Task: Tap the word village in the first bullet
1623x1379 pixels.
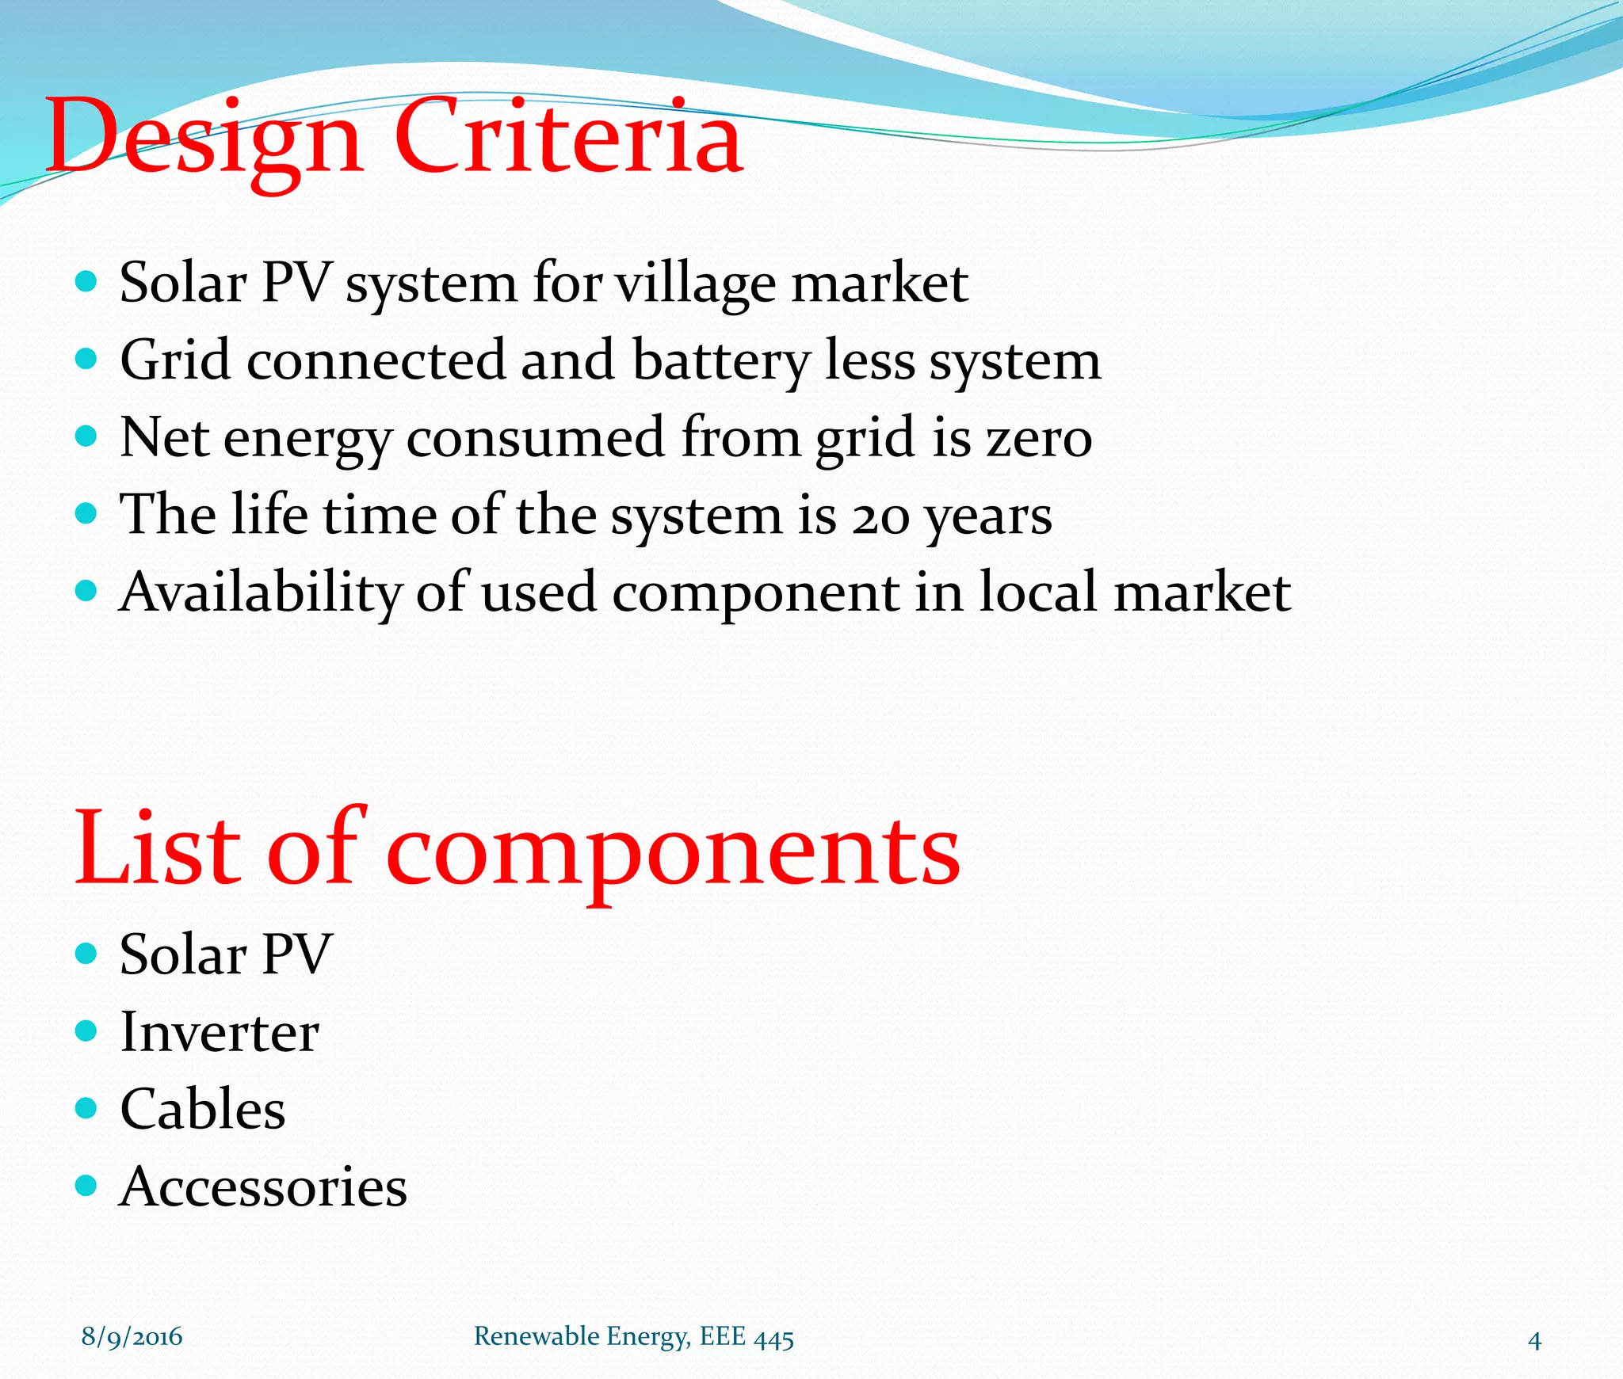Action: (x=696, y=284)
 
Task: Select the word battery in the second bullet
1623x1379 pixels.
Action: (x=720, y=361)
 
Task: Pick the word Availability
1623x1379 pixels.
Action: (x=260, y=592)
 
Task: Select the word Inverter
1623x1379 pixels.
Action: (x=220, y=1033)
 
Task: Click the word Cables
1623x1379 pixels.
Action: (x=203, y=1109)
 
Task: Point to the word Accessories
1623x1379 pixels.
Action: (x=263, y=1187)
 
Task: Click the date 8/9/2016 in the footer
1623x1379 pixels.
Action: (x=132, y=1337)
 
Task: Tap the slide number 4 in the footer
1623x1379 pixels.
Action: (x=1534, y=1340)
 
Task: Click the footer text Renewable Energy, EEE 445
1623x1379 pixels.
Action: (x=633, y=1337)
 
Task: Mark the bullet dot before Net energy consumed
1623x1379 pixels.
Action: (x=86, y=436)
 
